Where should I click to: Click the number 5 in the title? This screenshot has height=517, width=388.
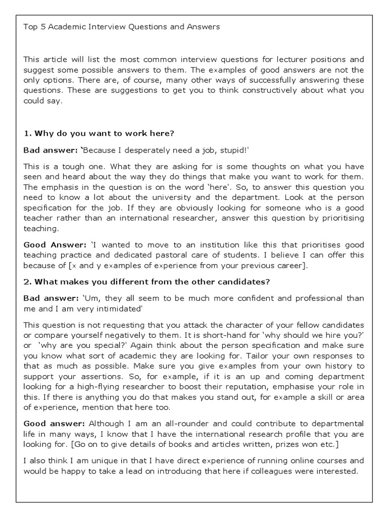click(x=41, y=27)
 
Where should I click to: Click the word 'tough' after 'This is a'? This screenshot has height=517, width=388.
click(x=71, y=166)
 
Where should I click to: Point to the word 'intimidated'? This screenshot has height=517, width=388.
click(x=106, y=308)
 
